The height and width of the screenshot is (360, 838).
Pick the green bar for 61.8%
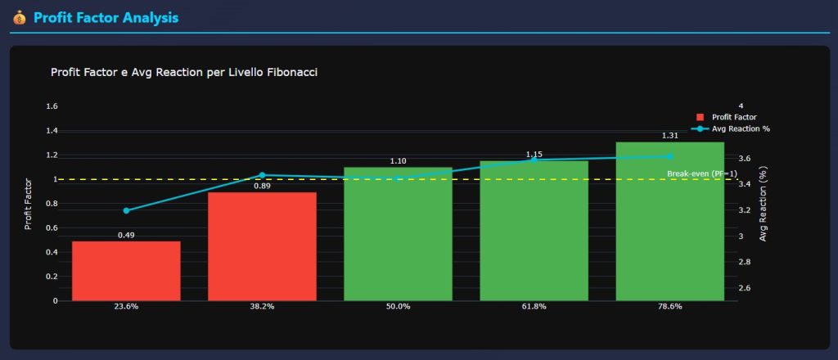(x=534, y=233)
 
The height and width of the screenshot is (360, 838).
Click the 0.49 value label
(x=126, y=235)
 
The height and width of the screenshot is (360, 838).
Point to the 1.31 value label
(x=670, y=136)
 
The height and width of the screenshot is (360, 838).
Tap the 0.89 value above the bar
(x=262, y=186)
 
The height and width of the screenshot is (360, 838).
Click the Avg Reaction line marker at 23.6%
(x=126, y=210)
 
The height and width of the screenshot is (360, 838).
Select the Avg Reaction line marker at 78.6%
(x=669, y=156)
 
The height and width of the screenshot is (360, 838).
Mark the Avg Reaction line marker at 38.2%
(x=262, y=175)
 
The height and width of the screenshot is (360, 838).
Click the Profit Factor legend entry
(x=728, y=117)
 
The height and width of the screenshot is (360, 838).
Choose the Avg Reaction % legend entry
(x=732, y=128)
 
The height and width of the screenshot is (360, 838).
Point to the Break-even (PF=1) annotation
(x=701, y=173)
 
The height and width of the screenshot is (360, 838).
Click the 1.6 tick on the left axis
(x=52, y=106)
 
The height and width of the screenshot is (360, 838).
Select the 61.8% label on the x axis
(x=534, y=306)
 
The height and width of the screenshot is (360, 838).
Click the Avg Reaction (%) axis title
(x=764, y=205)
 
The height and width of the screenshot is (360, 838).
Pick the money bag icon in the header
(x=20, y=17)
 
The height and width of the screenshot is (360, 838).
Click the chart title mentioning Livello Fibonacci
(x=184, y=73)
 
